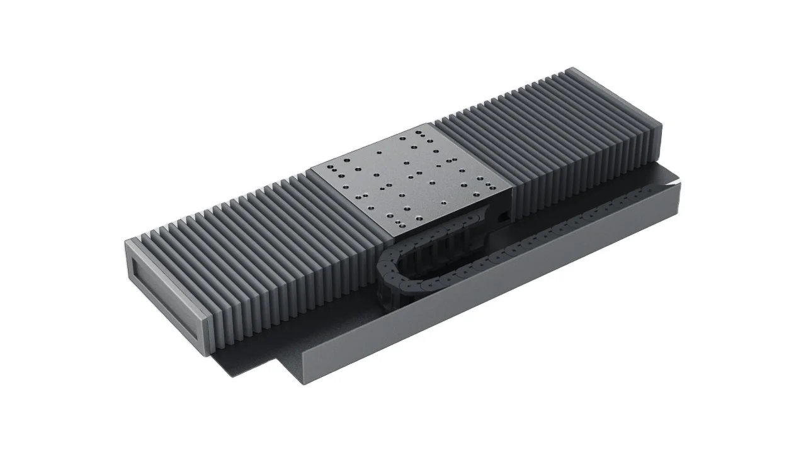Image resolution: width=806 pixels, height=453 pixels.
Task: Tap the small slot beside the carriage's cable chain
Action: point(503,218)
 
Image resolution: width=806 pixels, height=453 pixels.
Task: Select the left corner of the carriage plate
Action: point(311,169)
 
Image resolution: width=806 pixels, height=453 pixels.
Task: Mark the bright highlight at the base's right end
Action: point(675,182)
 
